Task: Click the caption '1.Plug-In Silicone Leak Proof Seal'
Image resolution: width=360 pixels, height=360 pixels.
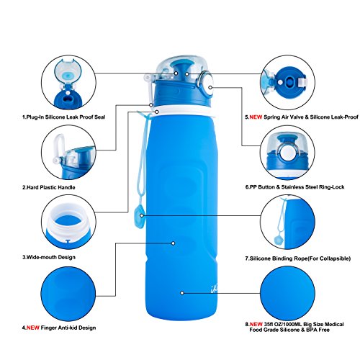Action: (x=63, y=117)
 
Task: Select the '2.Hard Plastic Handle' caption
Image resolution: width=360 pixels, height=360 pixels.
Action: (x=49, y=187)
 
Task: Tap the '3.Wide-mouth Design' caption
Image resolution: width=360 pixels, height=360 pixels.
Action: (x=49, y=257)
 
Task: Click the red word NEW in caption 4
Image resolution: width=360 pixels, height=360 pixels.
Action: (x=33, y=328)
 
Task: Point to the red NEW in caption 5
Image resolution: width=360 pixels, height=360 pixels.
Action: (x=256, y=117)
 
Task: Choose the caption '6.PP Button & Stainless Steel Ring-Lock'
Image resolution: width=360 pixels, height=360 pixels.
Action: (x=294, y=187)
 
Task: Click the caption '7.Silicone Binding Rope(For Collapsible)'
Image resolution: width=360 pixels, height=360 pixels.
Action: (x=297, y=258)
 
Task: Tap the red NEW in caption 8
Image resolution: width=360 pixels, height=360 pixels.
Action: (x=256, y=324)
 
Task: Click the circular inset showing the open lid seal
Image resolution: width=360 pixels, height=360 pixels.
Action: (x=68, y=83)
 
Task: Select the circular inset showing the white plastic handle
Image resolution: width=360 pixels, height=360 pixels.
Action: (x=68, y=153)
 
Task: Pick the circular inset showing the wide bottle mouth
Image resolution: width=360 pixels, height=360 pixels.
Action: (x=68, y=222)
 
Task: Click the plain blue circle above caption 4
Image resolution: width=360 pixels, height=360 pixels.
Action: (x=68, y=293)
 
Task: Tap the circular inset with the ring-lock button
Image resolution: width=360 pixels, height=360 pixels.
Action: (x=287, y=153)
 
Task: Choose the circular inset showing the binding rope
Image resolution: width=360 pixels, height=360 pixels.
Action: (x=287, y=222)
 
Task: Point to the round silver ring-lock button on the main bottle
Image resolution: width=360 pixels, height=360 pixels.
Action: (x=207, y=85)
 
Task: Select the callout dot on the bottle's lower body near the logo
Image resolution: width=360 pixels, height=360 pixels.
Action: (x=182, y=293)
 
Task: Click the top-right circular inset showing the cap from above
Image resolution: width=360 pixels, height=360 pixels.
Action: (x=287, y=83)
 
